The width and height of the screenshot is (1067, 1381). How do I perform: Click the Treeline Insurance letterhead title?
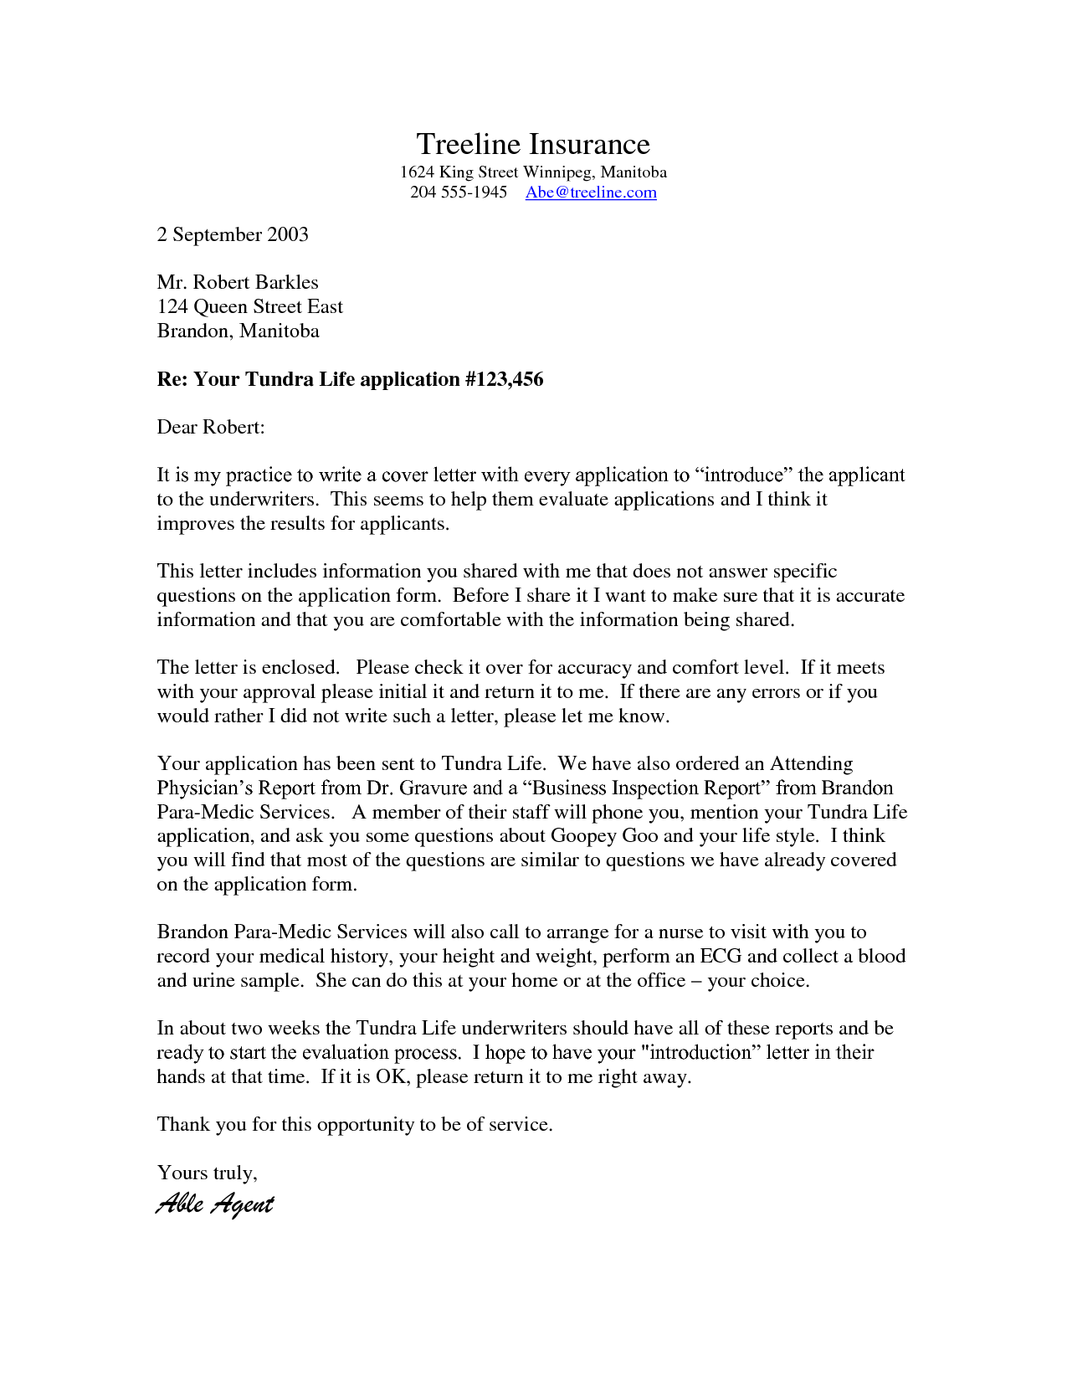[x=533, y=144]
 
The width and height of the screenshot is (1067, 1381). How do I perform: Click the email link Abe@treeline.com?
[x=591, y=193]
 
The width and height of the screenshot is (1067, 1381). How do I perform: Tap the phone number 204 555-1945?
[x=459, y=193]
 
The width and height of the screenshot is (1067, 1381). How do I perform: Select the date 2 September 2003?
[x=233, y=234]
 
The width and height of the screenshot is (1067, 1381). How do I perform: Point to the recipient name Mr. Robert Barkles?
[x=238, y=282]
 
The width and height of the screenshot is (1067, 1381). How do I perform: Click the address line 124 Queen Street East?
[x=249, y=306]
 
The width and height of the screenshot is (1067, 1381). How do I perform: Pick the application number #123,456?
[x=505, y=379]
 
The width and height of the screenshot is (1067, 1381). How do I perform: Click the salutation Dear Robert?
[x=211, y=427]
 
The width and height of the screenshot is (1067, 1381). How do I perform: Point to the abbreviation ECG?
[x=721, y=956]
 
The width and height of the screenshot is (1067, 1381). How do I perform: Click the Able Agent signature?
[x=215, y=1204]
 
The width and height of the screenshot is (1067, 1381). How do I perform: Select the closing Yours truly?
[x=207, y=1173]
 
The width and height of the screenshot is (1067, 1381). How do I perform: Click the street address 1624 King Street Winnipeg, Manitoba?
[x=533, y=172]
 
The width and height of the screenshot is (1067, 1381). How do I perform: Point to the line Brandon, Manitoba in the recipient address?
[x=238, y=331]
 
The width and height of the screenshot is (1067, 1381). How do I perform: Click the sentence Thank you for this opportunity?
[x=354, y=1124]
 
